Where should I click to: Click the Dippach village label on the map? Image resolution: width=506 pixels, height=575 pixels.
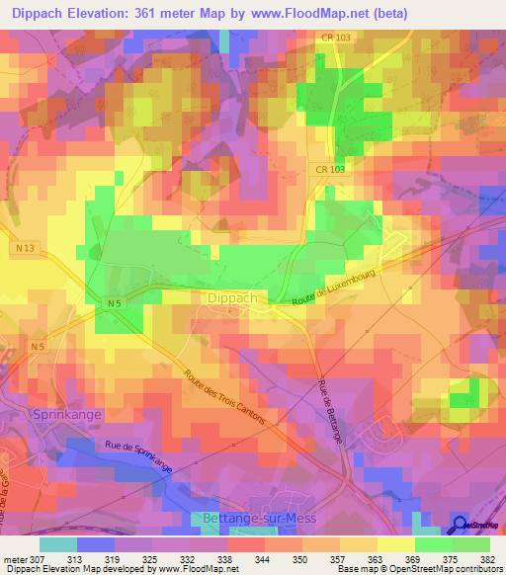tap(234, 295)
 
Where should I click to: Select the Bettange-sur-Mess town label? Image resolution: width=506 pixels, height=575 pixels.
tap(255, 517)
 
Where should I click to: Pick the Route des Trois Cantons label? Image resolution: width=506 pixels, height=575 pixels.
tap(224, 398)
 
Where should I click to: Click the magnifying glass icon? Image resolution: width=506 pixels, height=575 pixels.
tap(462, 523)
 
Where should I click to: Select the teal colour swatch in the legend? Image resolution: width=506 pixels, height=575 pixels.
tap(58, 544)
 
